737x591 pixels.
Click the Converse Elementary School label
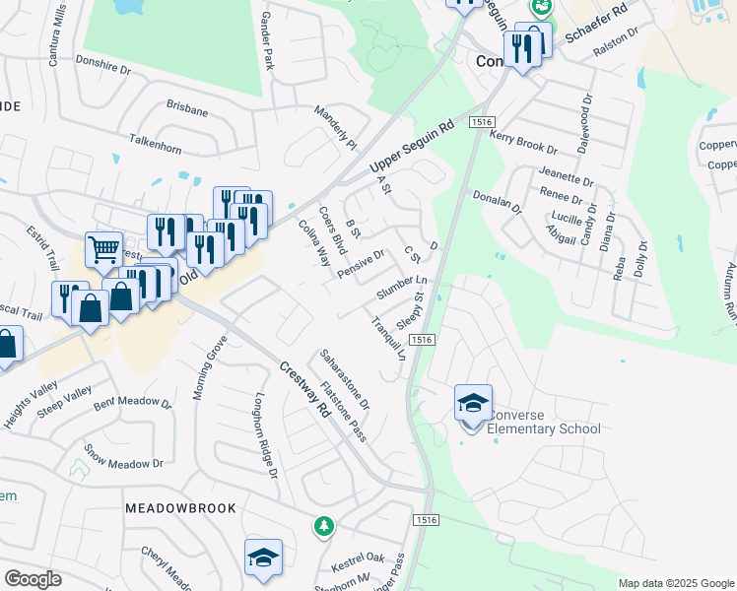544,422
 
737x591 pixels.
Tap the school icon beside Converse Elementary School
473,404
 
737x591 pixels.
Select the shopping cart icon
102,249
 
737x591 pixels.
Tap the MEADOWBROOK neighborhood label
180,508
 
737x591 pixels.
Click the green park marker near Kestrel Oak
323,527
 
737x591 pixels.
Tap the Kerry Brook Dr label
523,141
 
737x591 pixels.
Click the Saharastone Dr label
345,379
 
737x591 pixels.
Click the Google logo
33,579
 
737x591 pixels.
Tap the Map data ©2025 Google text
676,583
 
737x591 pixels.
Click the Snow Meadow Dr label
123,457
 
